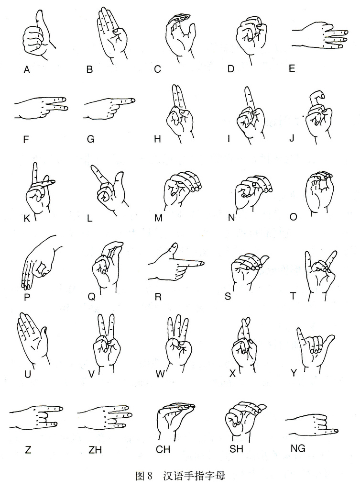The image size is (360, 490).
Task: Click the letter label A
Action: [x=27, y=70]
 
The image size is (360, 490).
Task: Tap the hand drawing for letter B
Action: [x=111, y=35]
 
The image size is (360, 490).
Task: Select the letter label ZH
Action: [x=95, y=450]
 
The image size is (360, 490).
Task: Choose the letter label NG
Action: [x=297, y=448]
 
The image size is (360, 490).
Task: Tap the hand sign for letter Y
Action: [x=315, y=350]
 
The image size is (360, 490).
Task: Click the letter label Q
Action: [x=91, y=296]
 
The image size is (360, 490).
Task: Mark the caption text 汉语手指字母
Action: [x=194, y=476]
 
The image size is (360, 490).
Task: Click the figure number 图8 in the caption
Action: [x=144, y=476]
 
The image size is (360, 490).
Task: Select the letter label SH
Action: [x=236, y=449]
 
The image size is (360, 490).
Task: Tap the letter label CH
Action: [x=163, y=449]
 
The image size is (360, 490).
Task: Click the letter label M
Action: [x=159, y=218]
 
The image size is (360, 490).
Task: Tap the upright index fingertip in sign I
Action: [x=248, y=89]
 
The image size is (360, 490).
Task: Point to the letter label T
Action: [x=293, y=296]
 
